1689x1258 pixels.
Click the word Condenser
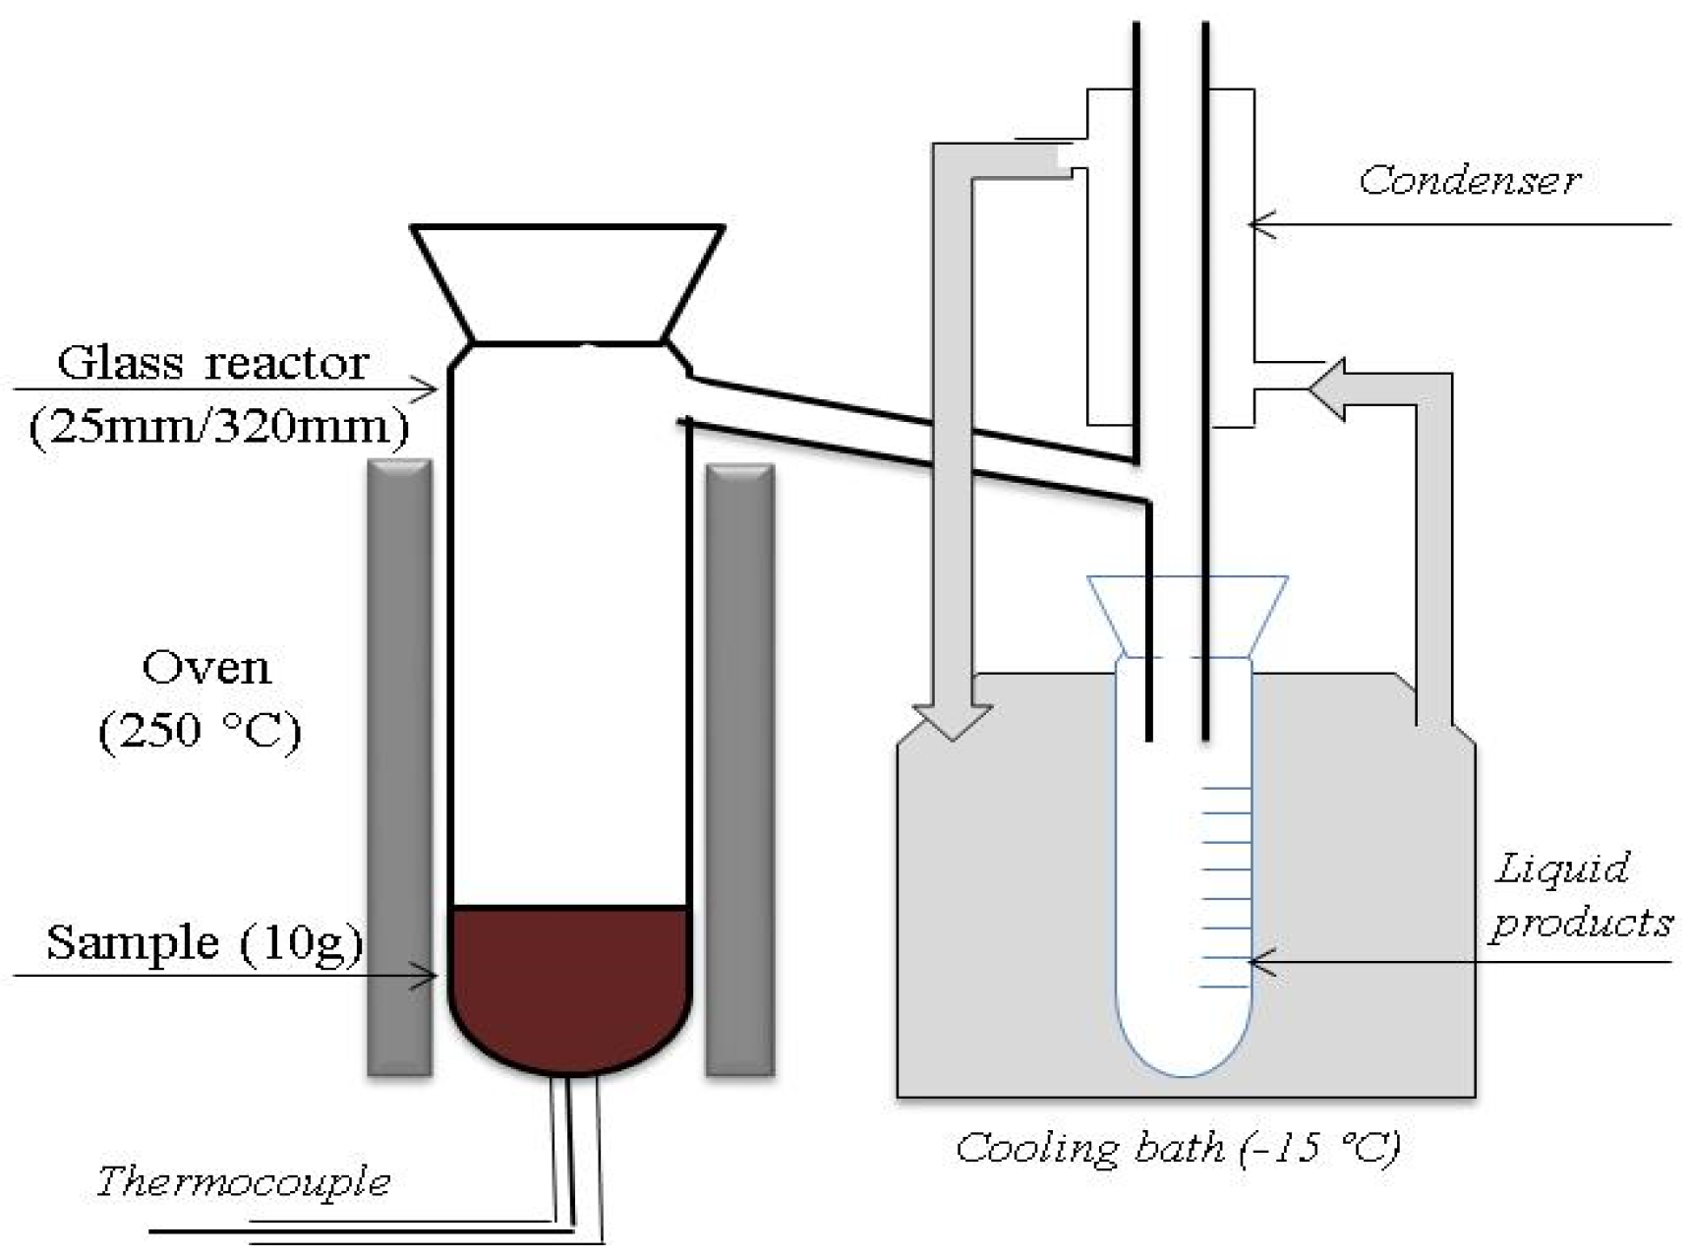[1469, 181]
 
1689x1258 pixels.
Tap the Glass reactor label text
[213, 363]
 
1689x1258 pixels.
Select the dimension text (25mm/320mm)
[218, 428]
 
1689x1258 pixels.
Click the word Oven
[206, 668]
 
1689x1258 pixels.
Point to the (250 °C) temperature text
[200, 731]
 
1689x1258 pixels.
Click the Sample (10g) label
[204, 942]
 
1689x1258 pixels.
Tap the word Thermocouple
[243, 1180]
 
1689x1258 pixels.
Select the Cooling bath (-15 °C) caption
[1177, 1148]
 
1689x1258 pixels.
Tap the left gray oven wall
[399, 767]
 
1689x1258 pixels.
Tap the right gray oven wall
[740, 767]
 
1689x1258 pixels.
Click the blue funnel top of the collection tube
[1187, 616]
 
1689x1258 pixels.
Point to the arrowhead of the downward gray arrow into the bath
[951, 722]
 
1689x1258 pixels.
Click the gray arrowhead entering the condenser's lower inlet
[1328, 389]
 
